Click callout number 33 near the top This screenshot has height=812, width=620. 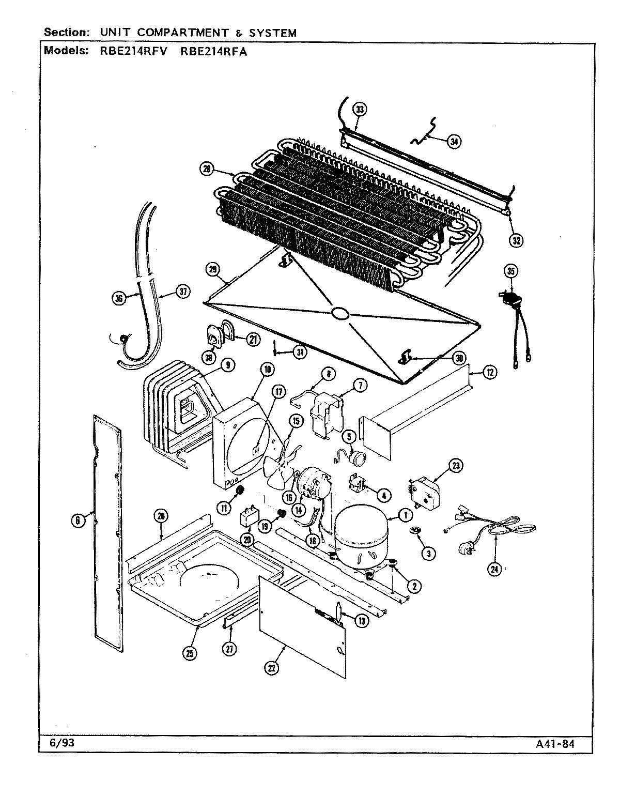360,109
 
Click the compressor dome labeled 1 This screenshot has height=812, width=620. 360,535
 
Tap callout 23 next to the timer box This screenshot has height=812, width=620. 455,465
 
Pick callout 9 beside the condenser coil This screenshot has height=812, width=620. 227,365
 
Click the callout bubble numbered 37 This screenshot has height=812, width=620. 182,292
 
